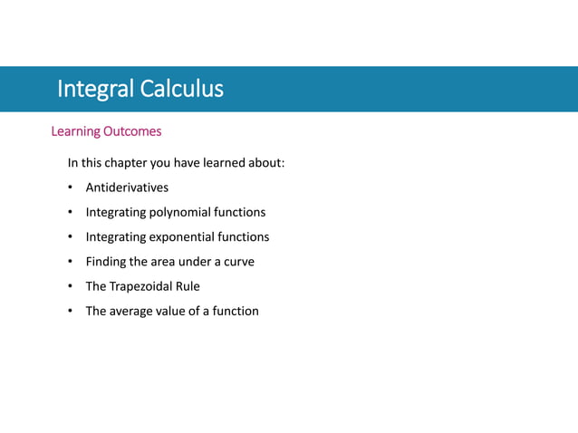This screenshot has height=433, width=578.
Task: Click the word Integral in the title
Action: coord(93,89)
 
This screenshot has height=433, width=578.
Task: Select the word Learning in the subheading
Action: coord(75,131)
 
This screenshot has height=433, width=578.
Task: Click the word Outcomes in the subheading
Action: coord(132,131)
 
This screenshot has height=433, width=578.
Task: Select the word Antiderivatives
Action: coord(127,188)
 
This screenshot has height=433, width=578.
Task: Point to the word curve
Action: coord(237,262)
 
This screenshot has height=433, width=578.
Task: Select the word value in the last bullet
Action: coord(178,311)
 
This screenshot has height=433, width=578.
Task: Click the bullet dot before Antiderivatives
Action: coord(70,188)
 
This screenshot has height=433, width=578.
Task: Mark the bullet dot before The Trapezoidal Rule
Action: coord(70,287)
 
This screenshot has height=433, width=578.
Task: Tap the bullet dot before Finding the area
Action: coord(70,263)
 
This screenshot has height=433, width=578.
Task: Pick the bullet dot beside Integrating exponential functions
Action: coord(70,237)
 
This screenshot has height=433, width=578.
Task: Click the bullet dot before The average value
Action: coord(70,312)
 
